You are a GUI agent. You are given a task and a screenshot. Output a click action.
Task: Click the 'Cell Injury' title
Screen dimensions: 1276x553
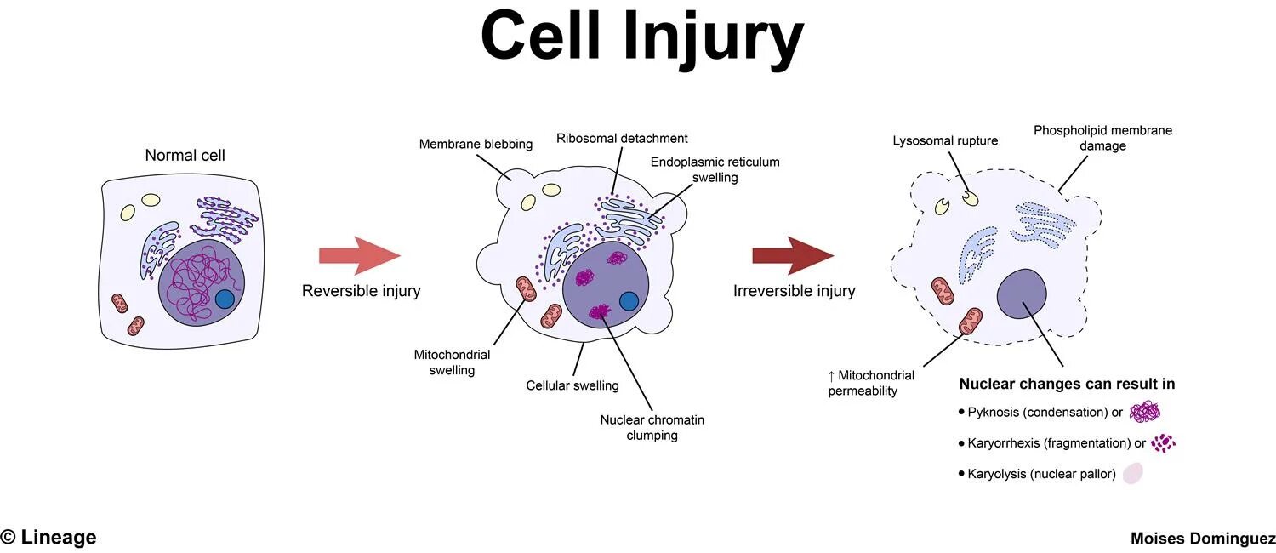[x=642, y=38]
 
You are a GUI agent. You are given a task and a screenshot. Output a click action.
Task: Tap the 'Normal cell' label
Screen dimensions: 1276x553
[x=185, y=155]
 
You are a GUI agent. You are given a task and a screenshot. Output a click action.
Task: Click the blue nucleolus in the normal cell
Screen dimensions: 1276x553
[x=225, y=299]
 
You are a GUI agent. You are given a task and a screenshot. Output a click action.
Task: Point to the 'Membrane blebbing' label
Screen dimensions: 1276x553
[x=476, y=144]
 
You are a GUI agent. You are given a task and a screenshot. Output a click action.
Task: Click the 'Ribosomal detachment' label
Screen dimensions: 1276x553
[x=622, y=138]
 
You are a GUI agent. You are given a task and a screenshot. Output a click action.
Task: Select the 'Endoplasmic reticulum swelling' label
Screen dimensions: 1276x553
[x=715, y=169]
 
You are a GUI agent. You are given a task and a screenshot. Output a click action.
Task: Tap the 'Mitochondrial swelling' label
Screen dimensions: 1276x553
[x=452, y=362]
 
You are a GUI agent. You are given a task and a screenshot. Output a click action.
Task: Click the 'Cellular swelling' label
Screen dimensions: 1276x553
[x=572, y=385]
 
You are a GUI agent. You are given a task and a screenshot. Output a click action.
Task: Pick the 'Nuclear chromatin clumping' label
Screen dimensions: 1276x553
[x=652, y=427]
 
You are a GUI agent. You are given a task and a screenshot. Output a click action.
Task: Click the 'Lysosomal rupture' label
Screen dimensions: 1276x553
[x=945, y=140]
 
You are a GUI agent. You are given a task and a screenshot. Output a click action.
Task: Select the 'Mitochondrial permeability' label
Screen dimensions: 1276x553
[x=871, y=383]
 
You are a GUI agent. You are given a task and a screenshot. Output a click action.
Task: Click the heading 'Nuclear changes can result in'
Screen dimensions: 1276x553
[x=1067, y=384]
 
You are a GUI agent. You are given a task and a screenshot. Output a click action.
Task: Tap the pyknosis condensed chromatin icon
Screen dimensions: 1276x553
[x=1145, y=413]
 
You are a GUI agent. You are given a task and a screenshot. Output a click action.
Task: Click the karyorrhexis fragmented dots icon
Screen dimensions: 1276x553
[x=1163, y=443]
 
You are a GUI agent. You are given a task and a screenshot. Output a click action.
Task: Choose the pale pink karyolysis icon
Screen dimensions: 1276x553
[x=1133, y=474]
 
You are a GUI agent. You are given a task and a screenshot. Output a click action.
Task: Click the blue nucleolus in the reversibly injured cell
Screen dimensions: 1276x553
[x=629, y=301]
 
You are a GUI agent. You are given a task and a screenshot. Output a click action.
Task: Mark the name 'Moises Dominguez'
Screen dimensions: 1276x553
[x=1202, y=539]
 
